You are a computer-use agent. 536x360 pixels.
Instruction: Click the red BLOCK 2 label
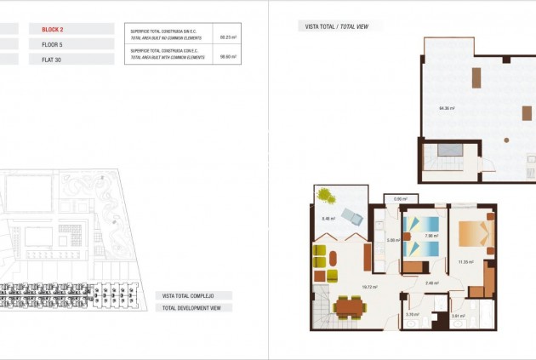tap(53, 29)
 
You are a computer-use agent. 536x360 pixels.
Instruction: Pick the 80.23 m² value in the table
tap(228, 37)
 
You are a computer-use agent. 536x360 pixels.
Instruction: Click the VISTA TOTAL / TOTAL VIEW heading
tap(339, 26)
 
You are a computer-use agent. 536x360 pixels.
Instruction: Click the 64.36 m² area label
tap(447, 108)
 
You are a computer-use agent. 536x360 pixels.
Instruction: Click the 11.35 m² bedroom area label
tap(465, 262)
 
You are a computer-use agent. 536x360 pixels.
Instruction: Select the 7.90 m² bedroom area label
tap(431, 236)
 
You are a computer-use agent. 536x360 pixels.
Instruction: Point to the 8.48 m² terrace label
tap(328, 219)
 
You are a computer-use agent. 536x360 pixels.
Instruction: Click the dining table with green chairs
tap(350, 306)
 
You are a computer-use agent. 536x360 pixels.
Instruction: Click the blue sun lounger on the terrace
tap(351, 214)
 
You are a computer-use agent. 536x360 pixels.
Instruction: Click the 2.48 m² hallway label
tap(432, 283)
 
